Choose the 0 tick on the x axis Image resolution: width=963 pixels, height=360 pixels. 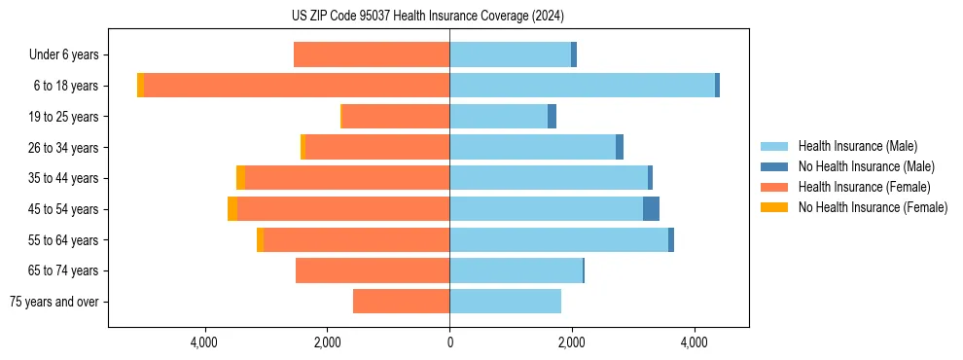[449, 342]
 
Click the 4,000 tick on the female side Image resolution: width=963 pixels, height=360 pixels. [204, 342]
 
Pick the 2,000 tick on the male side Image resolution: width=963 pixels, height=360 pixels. [572, 342]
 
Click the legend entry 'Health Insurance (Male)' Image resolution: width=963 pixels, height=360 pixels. [857, 147]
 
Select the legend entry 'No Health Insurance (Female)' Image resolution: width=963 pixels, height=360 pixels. [873, 207]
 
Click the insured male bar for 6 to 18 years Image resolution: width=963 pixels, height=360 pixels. [582, 86]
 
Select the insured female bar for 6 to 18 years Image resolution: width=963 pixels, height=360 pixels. [297, 86]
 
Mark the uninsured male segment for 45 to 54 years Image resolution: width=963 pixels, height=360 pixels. [651, 209]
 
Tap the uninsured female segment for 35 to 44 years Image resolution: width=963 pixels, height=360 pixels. [240, 178]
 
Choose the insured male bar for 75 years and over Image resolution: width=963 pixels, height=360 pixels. [505, 302]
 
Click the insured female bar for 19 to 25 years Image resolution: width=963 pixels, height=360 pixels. [396, 117]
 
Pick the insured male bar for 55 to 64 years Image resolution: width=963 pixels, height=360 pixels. [558, 239]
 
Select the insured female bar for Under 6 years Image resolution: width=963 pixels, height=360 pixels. [372, 54]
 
